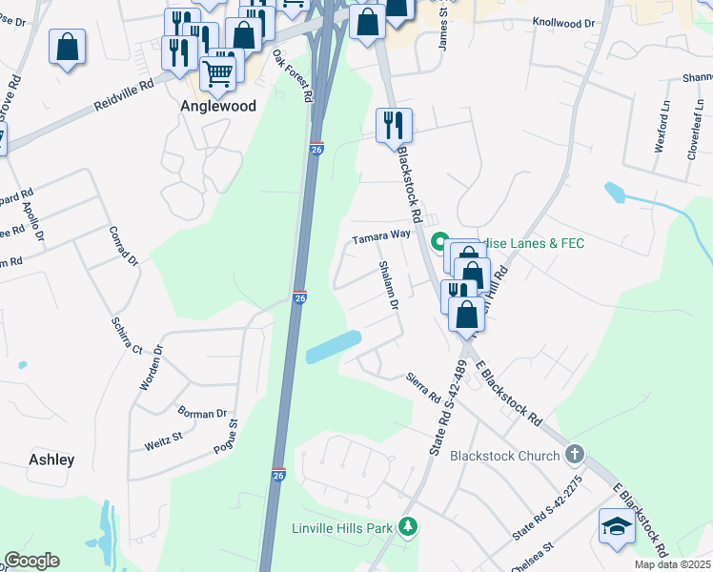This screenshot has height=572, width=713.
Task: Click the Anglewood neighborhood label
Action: [218, 107]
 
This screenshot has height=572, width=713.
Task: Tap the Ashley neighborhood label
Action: [51, 460]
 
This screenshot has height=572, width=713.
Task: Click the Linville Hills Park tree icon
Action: [408, 526]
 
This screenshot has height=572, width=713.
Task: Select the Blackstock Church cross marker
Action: [574, 455]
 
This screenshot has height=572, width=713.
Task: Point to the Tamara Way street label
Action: [381, 235]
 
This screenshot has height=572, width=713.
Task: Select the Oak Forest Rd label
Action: [294, 76]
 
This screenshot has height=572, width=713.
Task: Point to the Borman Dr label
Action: [201, 414]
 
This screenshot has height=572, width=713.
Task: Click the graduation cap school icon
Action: [617, 526]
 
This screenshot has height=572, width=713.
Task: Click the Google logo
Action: [31, 561]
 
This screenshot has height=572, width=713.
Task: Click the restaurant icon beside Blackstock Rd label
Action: [394, 124]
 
